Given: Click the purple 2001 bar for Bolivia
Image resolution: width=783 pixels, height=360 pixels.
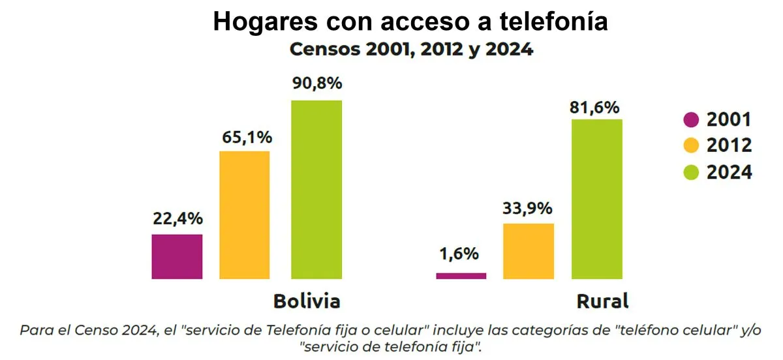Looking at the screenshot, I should click(x=177, y=256).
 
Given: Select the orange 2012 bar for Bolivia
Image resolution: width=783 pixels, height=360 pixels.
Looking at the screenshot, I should click(x=245, y=215).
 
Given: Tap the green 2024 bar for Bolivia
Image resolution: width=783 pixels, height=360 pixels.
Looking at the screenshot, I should click(x=316, y=190).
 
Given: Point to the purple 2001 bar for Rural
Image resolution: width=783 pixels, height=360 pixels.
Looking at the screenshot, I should click(x=461, y=276).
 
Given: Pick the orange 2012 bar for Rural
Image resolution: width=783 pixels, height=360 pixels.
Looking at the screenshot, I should click(x=529, y=251).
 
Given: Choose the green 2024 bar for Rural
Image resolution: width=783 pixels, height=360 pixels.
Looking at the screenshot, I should click(x=597, y=199).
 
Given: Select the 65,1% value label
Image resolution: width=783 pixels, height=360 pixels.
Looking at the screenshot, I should click(x=245, y=138).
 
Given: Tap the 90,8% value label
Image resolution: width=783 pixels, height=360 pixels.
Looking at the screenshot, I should click(x=316, y=84).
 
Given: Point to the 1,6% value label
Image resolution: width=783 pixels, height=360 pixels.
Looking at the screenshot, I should click(x=459, y=254).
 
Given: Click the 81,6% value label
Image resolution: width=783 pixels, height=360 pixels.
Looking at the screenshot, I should click(x=594, y=108).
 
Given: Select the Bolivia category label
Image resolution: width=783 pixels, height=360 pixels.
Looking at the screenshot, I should click(x=307, y=302).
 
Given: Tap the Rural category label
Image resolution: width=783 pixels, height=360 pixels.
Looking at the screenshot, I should click(x=602, y=302).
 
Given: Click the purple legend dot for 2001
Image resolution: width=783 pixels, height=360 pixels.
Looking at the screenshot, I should click(x=691, y=120).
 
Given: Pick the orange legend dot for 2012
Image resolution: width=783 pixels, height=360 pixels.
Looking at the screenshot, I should click(x=691, y=145).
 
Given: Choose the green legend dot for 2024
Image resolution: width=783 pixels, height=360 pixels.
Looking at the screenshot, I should click(x=691, y=172).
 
